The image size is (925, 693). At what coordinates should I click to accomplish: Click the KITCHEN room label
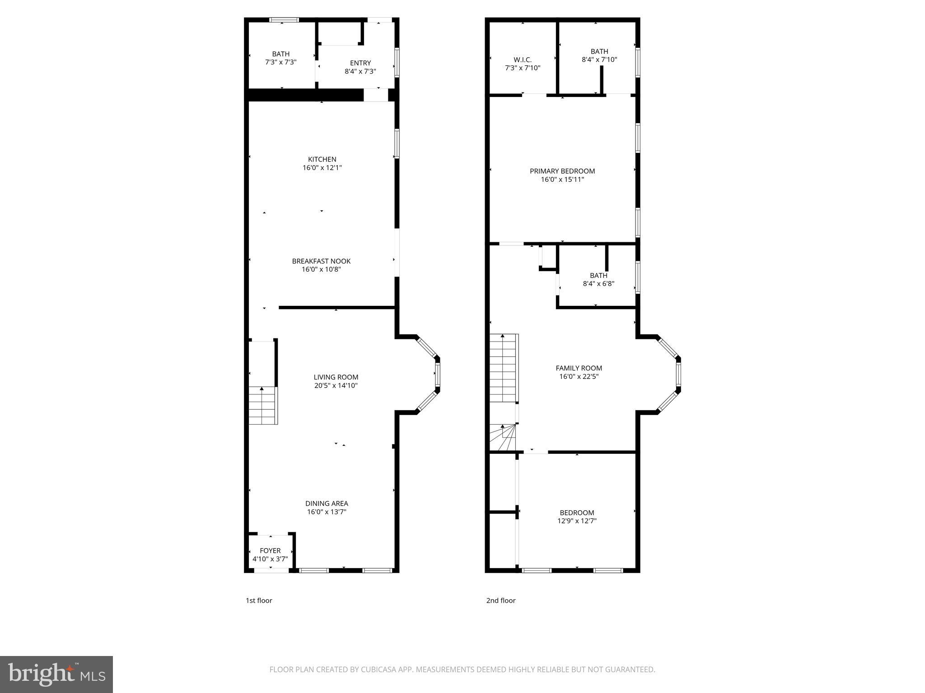click(x=322, y=159)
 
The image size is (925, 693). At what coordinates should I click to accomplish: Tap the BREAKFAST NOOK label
click(x=321, y=261)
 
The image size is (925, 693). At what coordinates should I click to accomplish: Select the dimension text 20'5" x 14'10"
click(x=336, y=385)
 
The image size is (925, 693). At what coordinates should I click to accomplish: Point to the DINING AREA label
click(x=327, y=504)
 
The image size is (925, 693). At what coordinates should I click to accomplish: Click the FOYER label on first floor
click(x=270, y=550)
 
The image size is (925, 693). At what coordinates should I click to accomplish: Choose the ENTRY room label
click(x=360, y=63)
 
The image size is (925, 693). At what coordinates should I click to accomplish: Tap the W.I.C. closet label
click(x=523, y=60)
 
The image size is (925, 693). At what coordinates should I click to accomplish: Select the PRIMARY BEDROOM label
click(x=562, y=171)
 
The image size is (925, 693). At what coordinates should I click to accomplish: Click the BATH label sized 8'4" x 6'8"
click(x=598, y=276)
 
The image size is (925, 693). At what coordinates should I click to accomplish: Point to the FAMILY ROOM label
click(x=579, y=368)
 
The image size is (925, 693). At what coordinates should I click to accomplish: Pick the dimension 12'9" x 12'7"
click(x=577, y=521)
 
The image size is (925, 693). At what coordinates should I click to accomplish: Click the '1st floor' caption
click(x=259, y=601)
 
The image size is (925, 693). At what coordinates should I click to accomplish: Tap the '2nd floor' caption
click(x=500, y=601)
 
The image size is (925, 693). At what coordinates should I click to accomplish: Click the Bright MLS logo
click(x=56, y=674)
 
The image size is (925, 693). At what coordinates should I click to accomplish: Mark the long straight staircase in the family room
click(x=503, y=368)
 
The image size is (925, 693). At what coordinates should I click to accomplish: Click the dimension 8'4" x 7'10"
click(x=599, y=60)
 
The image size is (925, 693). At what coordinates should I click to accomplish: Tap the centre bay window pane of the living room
click(x=437, y=374)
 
